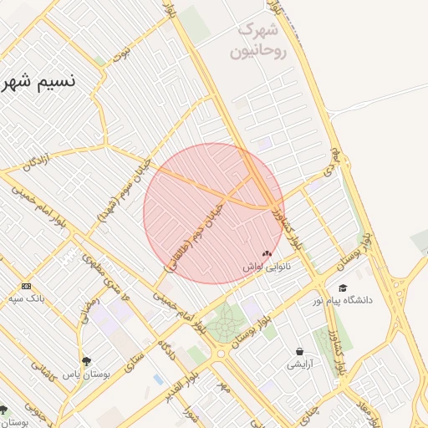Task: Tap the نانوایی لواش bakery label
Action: (267, 267)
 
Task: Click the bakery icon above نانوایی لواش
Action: (267, 254)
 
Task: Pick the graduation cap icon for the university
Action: (343, 288)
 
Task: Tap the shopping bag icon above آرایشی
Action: (299, 352)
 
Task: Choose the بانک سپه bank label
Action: (27, 298)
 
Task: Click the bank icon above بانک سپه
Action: (27, 286)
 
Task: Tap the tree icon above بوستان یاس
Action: (86, 361)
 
